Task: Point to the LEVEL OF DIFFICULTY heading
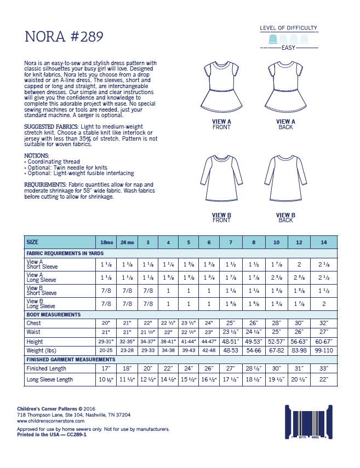(288, 28)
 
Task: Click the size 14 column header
(323, 242)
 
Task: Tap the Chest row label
(33, 323)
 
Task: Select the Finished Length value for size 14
(323, 369)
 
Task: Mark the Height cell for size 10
(277, 340)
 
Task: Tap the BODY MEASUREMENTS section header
(53, 314)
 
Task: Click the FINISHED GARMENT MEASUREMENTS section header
(70, 359)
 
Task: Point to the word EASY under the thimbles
(288, 48)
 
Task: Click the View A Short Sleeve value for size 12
(300, 264)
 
